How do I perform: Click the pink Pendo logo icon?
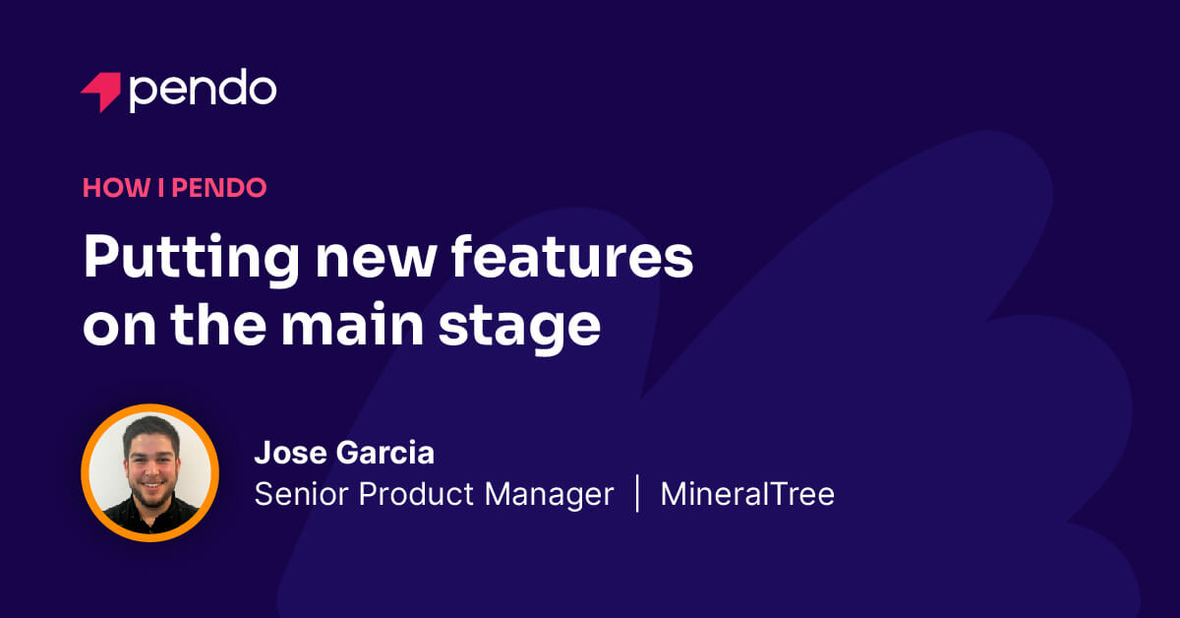coord(100,92)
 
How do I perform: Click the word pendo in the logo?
coord(203,91)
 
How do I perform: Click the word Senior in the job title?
coord(301,494)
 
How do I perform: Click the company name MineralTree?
coord(747,494)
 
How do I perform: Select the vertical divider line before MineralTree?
coord(637,493)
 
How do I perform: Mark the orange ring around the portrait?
coord(86,472)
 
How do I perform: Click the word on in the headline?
coord(116,328)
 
